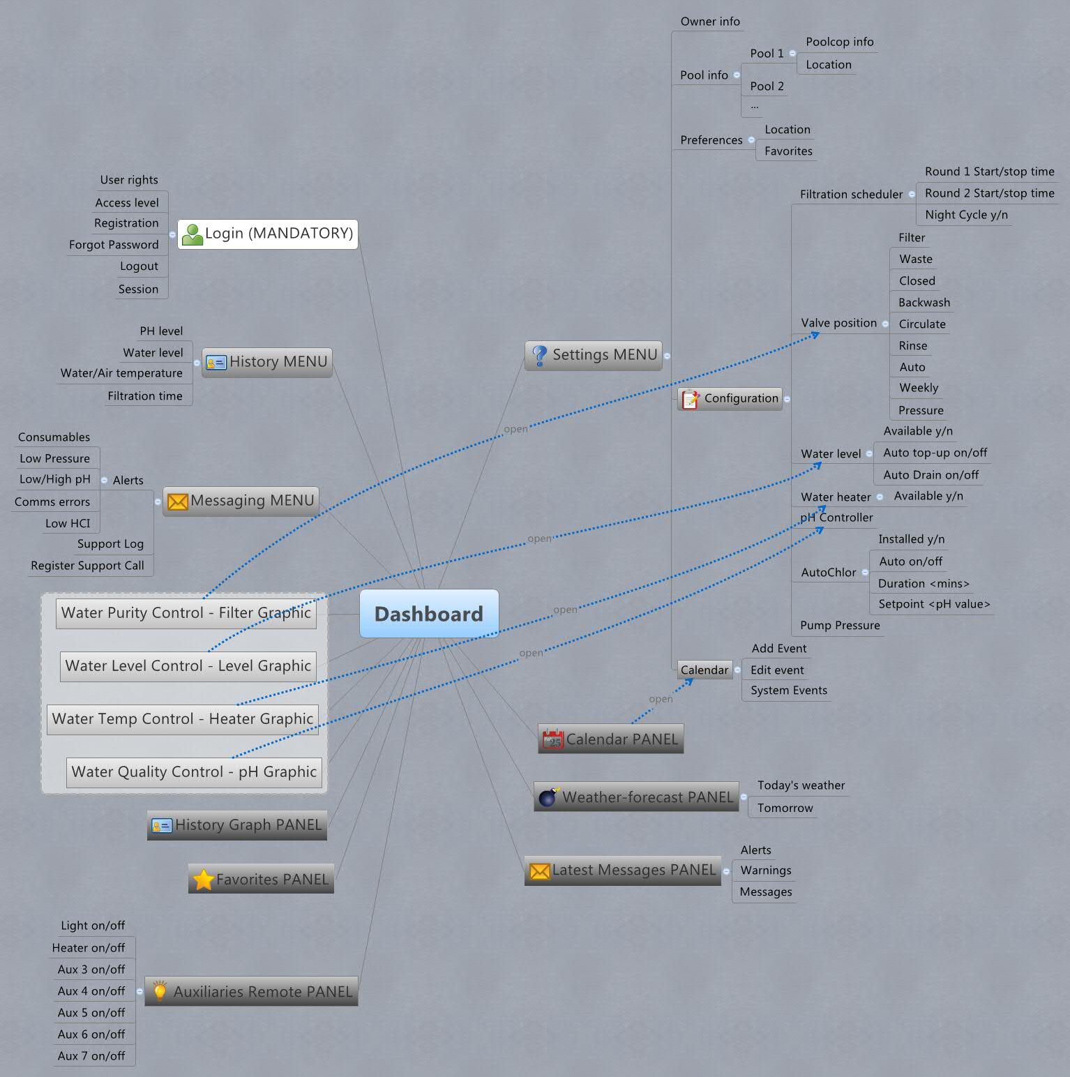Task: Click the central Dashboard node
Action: click(x=428, y=614)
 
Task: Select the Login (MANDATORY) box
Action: click(x=268, y=234)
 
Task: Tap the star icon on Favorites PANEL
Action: click(x=203, y=880)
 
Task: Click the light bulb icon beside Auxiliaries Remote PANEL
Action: click(x=160, y=991)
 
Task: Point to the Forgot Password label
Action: click(x=114, y=245)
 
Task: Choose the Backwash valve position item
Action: click(x=924, y=303)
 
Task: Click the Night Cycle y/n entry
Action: click(x=966, y=215)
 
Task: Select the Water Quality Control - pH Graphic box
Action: click(x=194, y=772)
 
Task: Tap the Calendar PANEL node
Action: click(x=610, y=739)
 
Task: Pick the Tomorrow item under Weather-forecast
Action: click(x=785, y=808)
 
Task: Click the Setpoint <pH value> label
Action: click(x=933, y=604)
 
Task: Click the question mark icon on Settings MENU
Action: click(x=539, y=355)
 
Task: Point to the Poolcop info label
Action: click(x=839, y=42)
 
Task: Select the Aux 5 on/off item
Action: click(x=91, y=1013)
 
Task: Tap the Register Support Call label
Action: click(x=87, y=566)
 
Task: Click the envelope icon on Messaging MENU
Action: click(x=178, y=501)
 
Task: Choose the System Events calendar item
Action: click(x=788, y=691)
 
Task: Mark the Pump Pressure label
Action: click(x=840, y=626)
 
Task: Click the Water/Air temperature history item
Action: click(x=121, y=373)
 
